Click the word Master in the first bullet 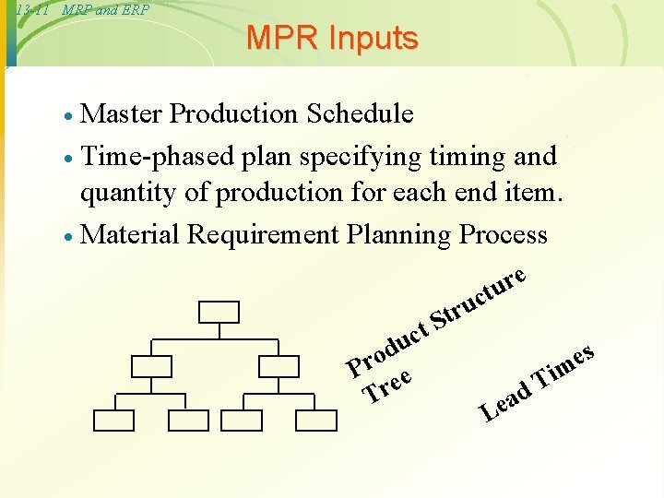(x=122, y=113)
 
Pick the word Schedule (x=361, y=113)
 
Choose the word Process (x=504, y=234)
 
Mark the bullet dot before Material (x=69, y=236)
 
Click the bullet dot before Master (x=69, y=115)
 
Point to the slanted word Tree (x=386, y=385)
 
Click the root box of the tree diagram (x=219, y=312)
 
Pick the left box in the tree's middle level (x=151, y=366)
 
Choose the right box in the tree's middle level (x=279, y=366)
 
